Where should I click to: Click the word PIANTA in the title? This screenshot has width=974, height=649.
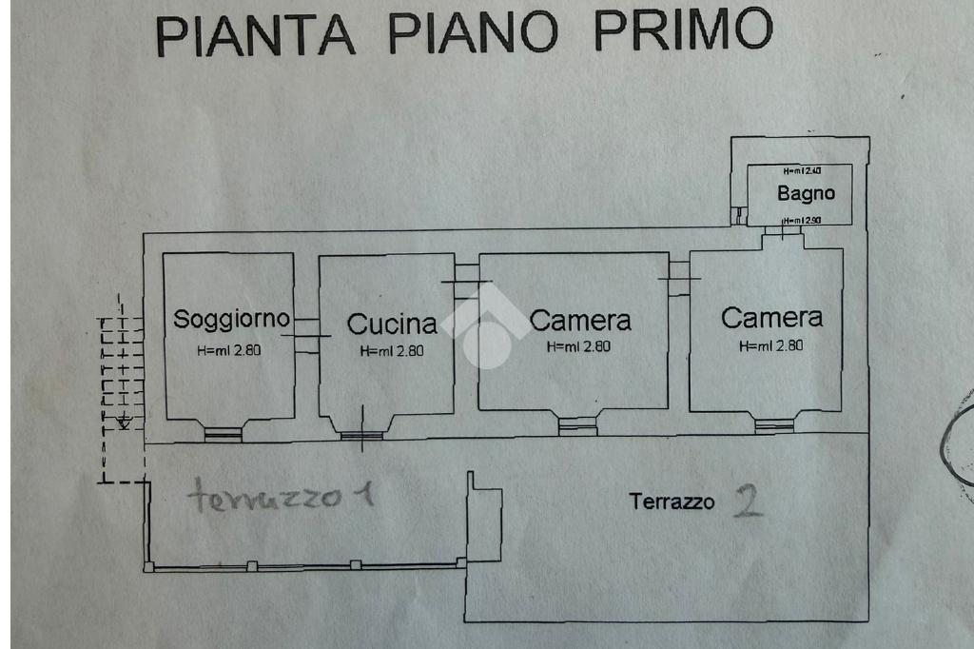(x=256, y=33)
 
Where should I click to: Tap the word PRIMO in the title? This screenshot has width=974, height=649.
(x=682, y=29)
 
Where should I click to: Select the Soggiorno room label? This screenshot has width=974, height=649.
(x=230, y=319)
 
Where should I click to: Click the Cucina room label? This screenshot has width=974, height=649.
(x=392, y=324)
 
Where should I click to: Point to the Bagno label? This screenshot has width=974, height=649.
(x=806, y=193)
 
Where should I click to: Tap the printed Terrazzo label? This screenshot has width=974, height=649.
(x=672, y=501)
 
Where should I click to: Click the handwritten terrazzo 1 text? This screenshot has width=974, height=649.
(x=280, y=497)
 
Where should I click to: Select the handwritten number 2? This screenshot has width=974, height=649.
(x=749, y=501)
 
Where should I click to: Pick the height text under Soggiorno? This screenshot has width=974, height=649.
(x=229, y=349)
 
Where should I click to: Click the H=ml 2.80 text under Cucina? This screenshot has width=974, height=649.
(x=392, y=350)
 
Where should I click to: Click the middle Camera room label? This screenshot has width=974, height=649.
(x=580, y=320)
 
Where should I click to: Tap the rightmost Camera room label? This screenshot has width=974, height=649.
(x=771, y=317)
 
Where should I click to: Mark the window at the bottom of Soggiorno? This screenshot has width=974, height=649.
(x=224, y=434)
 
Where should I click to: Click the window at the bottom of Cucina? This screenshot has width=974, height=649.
(x=361, y=436)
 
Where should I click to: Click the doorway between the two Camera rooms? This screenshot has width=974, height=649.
(x=678, y=278)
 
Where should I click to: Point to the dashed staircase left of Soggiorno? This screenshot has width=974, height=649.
(x=121, y=376)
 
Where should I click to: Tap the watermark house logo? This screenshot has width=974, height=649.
(x=485, y=324)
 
